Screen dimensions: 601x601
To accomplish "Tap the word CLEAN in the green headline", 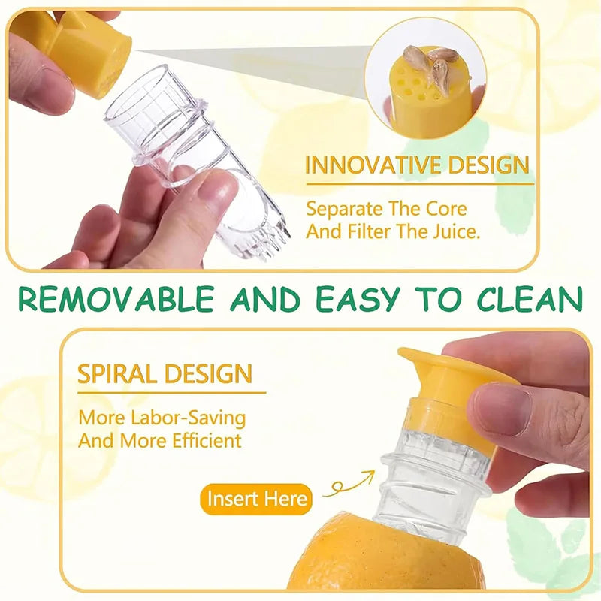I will (524, 298).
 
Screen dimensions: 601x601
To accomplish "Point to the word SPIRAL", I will (116, 373).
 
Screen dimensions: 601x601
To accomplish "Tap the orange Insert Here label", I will (257, 499).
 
